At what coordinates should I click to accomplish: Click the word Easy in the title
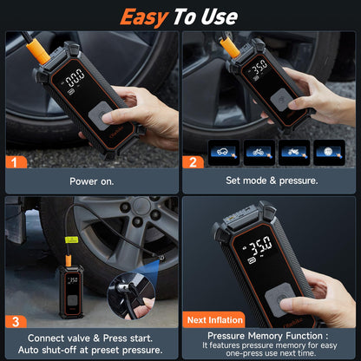145,16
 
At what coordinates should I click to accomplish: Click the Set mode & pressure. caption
271,181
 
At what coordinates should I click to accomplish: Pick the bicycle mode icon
259,151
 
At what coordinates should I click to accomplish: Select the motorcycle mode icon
293,151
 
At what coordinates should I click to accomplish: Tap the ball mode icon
327,151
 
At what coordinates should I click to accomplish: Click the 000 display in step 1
75,75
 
